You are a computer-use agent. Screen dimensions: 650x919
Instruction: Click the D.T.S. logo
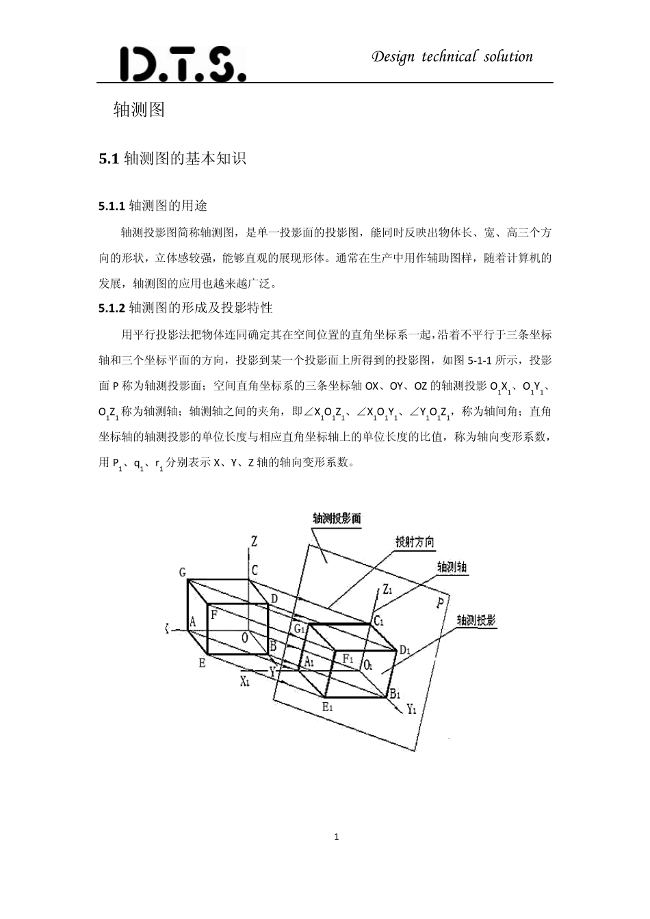click(182, 64)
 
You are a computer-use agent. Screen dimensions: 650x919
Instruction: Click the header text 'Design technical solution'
click(452, 57)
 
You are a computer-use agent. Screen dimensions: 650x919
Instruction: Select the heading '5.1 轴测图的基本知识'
click(172, 159)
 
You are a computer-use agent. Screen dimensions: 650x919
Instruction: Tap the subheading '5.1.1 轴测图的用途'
click(153, 206)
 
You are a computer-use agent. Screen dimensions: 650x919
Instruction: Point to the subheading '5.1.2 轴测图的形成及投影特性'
click(185, 308)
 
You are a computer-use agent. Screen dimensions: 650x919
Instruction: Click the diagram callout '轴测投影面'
click(336, 518)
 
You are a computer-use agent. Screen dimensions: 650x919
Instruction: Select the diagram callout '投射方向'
click(415, 542)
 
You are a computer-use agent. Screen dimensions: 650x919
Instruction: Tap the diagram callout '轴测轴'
click(452, 567)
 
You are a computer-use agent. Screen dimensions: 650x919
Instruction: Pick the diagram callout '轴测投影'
click(476, 620)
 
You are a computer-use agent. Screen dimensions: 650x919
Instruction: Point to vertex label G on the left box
click(182, 572)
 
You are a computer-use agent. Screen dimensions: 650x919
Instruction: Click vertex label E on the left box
click(202, 662)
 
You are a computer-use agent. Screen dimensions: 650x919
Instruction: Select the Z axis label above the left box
click(254, 542)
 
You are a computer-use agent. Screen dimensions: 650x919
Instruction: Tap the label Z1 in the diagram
click(387, 589)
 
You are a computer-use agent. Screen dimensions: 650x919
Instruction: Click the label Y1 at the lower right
click(411, 709)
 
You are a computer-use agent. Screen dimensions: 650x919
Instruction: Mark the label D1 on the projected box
click(404, 650)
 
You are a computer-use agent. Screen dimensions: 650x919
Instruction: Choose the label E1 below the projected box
click(327, 707)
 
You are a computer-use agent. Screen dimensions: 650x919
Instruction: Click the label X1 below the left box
click(245, 681)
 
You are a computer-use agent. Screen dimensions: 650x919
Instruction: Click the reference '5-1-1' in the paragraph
click(480, 360)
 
